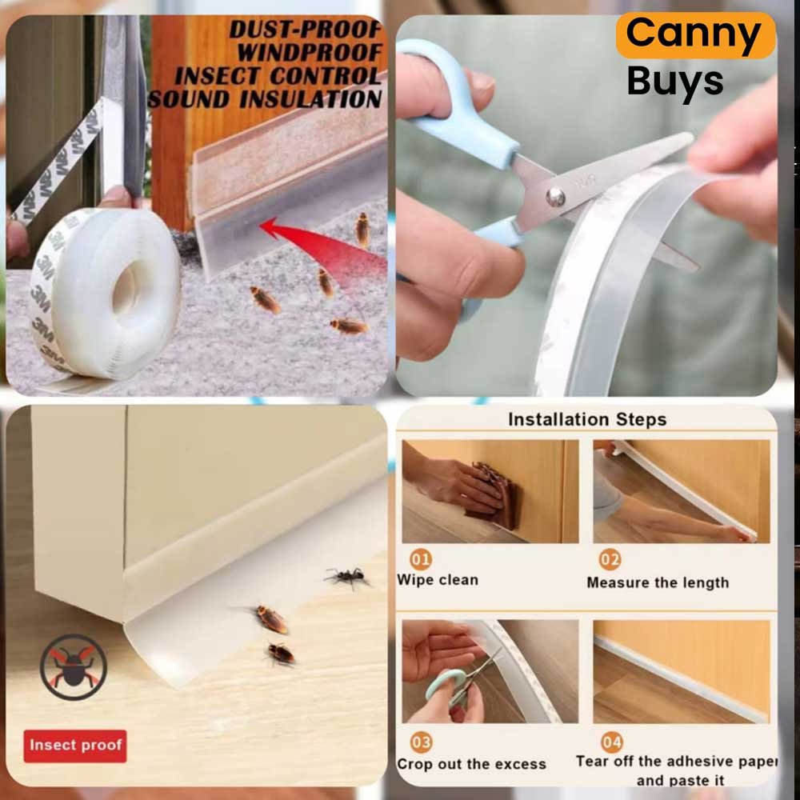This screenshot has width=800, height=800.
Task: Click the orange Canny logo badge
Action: tap(695, 35)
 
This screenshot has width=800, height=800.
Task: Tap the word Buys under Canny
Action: tap(675, 82)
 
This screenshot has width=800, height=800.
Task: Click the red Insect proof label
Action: tap(75, 746)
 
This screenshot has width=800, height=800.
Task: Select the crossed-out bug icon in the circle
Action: tap(74, 667)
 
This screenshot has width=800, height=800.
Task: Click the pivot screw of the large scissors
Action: tap(555, 197)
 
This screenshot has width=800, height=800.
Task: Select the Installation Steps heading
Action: tap(587, 419)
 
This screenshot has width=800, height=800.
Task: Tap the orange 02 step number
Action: tap(610, 560)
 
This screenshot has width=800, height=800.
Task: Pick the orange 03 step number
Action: tap(421, 742)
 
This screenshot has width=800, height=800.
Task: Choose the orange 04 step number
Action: tap(612, 742)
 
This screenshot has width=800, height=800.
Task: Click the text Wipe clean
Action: tap(438, 580)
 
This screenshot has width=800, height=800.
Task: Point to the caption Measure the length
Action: tap(658, 582)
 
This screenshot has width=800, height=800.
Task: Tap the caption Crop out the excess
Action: tap(471, 764)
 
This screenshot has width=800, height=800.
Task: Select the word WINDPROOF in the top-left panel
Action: tap(309, 53)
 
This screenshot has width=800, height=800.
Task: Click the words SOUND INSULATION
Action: tap(265, 99)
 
